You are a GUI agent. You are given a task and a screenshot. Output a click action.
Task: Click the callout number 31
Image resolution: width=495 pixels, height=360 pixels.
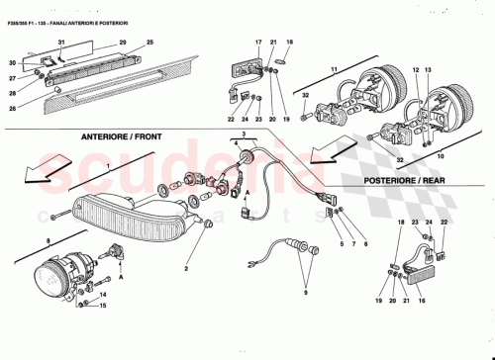pyautogui.click(x=60, y=44)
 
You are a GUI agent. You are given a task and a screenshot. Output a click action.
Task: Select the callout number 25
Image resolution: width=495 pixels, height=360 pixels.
pyautogui.click(x=150, y=44)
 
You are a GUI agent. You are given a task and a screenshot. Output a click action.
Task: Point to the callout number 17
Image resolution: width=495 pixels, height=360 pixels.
pyautogui.click(x=256, y=44)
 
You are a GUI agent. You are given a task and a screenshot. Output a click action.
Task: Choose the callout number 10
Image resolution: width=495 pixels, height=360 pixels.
pyautogui.click(x=439, y=154)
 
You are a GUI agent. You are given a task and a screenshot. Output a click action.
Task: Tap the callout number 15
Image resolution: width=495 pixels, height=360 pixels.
pyautogui.click(x=101, y=306)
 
